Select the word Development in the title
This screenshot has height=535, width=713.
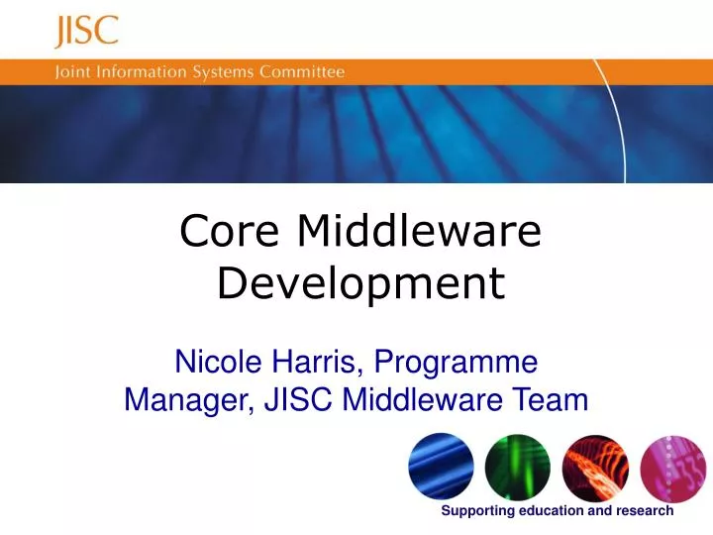coord(360,284)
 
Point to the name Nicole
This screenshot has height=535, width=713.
coord(214,362)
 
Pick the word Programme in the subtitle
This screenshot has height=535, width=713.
coord(463,362)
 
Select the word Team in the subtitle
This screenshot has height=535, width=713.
coord(551,400)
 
